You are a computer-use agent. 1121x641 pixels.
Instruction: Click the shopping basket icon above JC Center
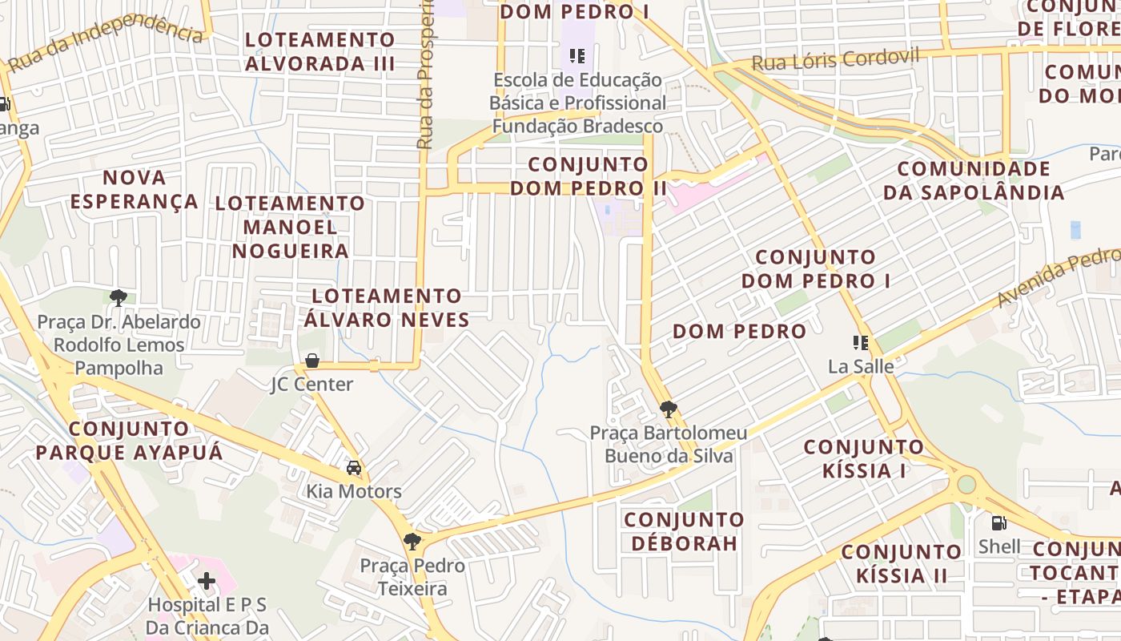click(312, 361)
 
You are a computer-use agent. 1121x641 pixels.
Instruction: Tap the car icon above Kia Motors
click(354, 467)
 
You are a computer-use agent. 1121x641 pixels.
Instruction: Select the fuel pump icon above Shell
click(998, 523)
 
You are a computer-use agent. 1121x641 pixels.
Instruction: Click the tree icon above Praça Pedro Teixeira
click(412, 542)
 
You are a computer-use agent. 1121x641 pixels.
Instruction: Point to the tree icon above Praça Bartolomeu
click(668, 409)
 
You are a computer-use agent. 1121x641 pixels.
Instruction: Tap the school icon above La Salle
click(861, 343)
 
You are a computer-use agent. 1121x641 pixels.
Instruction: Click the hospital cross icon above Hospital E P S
click(207, 580)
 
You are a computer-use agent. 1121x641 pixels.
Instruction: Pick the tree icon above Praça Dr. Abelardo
click(119, 298)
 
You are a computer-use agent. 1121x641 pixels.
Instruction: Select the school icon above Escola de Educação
click(577, 56)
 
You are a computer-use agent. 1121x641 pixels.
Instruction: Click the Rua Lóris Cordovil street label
click(836, 60)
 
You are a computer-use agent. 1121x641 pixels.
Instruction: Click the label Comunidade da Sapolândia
click(974, 180)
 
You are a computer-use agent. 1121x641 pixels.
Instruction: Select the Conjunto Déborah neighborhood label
click(684, 531)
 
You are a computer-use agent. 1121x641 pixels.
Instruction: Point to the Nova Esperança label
click(135, 189)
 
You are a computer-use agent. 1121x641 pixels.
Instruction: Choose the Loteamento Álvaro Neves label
click(387, 308)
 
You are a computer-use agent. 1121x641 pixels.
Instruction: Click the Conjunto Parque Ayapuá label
click(129, 440)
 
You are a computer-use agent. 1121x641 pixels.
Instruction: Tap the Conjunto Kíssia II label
click(902, 563)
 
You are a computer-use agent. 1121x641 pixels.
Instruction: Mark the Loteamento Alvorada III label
click(320, 51)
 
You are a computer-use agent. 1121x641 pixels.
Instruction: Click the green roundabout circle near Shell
click(966, 484)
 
